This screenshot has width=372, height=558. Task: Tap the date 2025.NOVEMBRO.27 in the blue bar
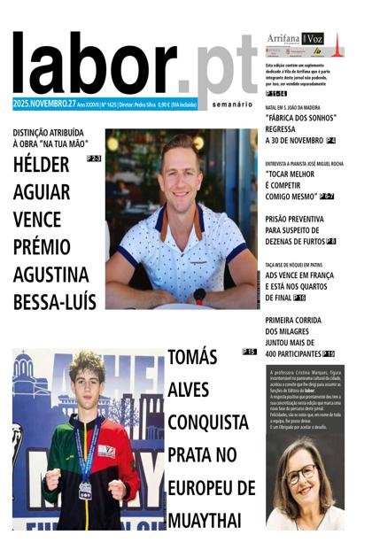[43, 104]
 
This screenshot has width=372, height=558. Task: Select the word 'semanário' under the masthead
[232, 105]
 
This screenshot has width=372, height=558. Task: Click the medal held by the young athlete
[86, 488]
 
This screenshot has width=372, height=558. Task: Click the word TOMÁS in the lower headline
[192, 358]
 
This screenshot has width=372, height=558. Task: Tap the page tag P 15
[249, 352]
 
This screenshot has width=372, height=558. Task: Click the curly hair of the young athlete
[87, 365]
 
